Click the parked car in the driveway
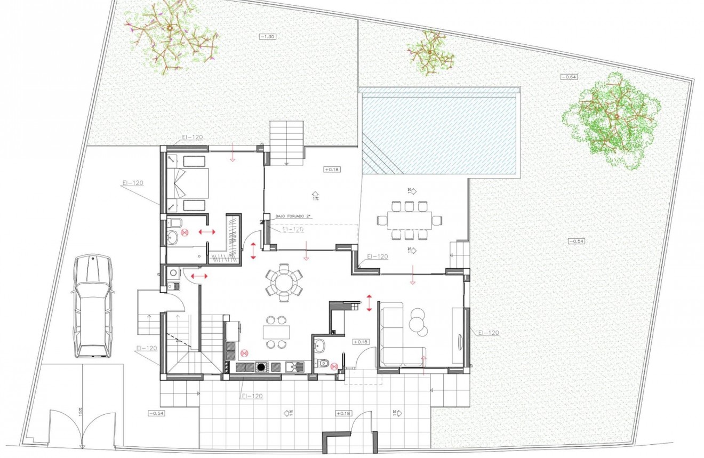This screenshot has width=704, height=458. tap(93, 306)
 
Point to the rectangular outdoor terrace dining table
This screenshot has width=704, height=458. tap(405, 220)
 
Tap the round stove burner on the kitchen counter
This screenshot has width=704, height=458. tap(261, 366)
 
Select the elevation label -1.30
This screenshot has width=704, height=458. tap(268, 37)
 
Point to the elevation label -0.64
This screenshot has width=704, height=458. tap(569, 77)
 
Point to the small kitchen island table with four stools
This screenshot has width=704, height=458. tap(276, 332)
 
